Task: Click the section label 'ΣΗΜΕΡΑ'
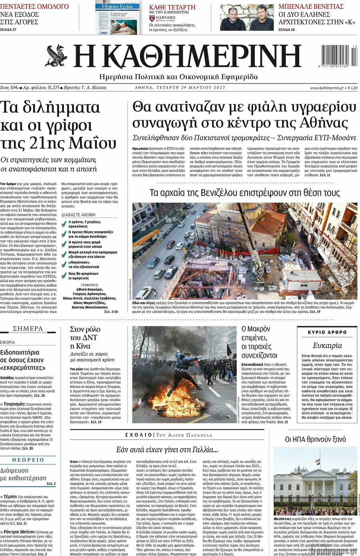click(28, 329)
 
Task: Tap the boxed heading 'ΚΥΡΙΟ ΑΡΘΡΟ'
click(327, 332)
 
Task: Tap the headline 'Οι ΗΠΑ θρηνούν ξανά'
click(315, 439)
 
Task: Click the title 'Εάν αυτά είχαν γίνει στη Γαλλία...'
click(167, 449)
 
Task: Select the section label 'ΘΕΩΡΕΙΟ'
click(28, 460)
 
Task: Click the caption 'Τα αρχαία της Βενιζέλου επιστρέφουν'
click(244, 193)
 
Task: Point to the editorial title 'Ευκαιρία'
click(327, 345)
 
